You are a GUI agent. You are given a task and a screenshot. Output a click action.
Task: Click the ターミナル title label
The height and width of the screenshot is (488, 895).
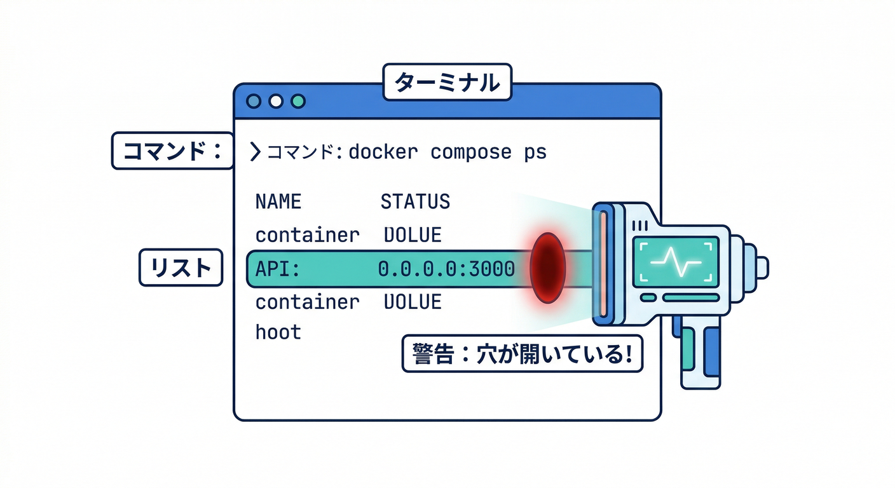447,82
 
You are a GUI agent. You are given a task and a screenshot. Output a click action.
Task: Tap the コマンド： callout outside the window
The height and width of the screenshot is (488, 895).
172,151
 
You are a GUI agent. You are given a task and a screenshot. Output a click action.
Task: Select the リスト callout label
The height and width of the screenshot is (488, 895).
181,268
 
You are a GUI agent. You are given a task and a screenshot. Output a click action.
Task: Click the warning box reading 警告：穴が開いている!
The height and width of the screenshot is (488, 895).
522,354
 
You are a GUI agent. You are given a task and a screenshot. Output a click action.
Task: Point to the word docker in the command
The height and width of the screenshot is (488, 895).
383,152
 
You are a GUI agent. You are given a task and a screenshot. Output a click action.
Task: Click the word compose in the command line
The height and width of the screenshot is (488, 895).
470,152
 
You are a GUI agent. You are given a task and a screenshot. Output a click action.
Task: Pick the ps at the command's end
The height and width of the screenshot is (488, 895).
535,152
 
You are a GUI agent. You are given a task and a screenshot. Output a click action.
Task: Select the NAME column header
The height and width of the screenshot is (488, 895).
278,201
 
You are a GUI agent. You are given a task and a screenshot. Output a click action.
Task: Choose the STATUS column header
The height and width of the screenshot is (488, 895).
415,201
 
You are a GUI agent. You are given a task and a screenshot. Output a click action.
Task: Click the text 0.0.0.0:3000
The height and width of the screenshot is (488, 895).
446,269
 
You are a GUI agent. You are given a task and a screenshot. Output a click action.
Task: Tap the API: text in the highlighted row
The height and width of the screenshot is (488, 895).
277,269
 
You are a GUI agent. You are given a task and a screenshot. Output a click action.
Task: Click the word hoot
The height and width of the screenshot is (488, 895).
278,331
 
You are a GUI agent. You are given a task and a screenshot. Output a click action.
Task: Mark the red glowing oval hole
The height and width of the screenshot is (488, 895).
547,267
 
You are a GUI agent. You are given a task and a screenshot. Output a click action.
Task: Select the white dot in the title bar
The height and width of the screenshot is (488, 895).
275,101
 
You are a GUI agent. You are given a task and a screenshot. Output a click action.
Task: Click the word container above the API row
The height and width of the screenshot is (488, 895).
307,235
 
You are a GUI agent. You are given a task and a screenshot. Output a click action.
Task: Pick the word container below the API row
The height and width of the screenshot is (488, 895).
307,301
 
